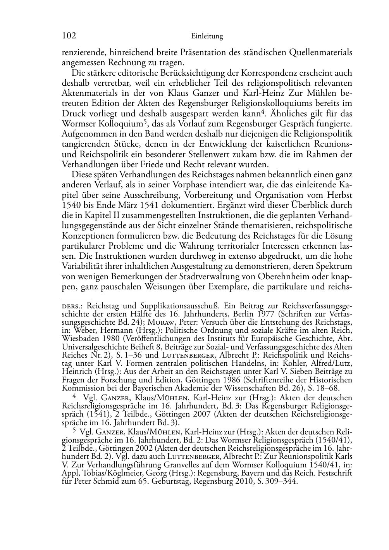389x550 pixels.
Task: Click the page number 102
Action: pyautogui.click(x=69, y=36)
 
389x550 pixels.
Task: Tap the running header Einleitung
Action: pyautogui.click(x=207, y=36)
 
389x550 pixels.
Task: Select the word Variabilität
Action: pyautogui.click(x=83, y=266)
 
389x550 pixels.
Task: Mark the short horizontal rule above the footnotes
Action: pyautogui.click(x=76, y=299)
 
